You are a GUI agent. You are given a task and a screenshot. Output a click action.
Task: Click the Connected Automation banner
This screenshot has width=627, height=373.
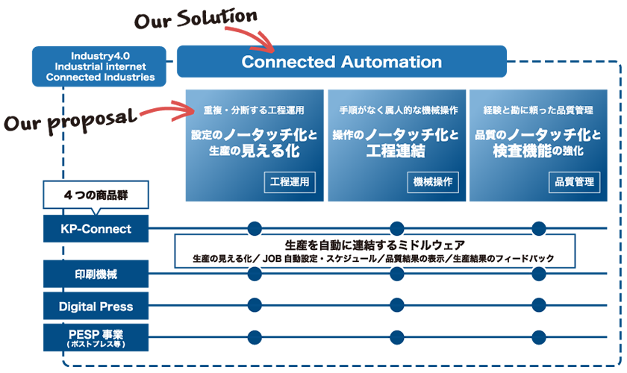click(341, 62)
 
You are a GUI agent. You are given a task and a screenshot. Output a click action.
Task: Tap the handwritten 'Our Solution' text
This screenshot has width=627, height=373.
click(195, 18)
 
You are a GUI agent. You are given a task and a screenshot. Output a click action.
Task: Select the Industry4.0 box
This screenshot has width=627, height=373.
click(100, 66)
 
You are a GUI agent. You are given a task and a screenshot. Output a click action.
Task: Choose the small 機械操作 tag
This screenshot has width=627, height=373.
click(433, 181)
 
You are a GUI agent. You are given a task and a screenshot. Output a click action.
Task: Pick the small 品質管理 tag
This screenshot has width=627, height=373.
click(574, 181)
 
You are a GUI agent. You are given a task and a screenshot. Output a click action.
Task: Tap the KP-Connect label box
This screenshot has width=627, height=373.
click(96, 229)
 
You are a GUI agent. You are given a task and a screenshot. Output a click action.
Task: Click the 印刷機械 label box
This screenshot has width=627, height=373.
click(96, 275)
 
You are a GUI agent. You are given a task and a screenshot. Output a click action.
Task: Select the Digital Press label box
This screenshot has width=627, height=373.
click(96, 306)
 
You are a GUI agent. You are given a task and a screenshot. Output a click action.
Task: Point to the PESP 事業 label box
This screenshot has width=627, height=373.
click(96, 337)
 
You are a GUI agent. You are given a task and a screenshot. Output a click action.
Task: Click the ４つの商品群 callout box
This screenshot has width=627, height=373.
click(96, 197)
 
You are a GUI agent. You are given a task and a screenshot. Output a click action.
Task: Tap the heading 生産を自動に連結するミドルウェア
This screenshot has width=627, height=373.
click(375, 245)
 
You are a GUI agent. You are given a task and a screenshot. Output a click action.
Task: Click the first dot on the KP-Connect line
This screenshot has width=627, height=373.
click(255, 228)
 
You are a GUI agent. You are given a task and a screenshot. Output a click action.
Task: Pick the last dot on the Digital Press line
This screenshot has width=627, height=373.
click(537, 305)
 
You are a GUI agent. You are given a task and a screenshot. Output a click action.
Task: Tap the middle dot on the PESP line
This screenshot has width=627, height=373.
click(396, 336)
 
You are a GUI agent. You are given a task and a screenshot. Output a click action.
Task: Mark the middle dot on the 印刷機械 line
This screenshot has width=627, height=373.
click(396, 274)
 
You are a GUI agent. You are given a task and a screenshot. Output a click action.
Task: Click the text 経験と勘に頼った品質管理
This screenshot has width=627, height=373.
click(537, 110)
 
